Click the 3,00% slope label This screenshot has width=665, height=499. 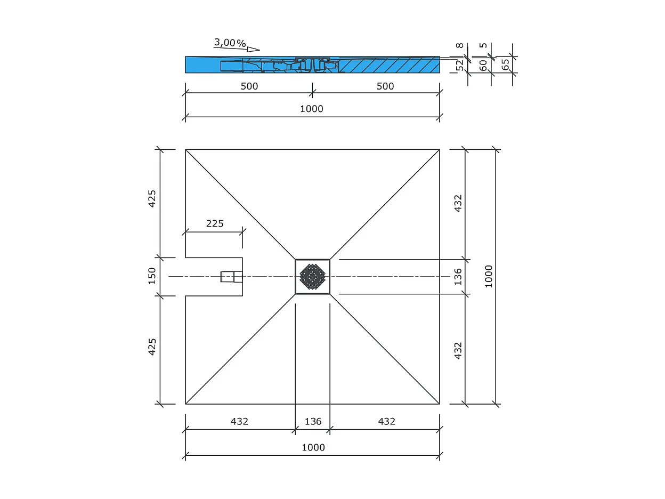pyautogui.click(x=230, y=42)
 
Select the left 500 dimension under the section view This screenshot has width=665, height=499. pyautogui.click(x=249, y=86)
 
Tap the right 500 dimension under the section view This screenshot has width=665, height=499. pyautogui.click(x=385, y=86)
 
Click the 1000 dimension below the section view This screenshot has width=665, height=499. pyautogui.click(x=312, y=109)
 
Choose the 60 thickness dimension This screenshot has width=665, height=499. pyautogui.click(x=483, y=65)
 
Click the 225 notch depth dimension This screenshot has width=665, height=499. pyautogui.click(x=215, y=223)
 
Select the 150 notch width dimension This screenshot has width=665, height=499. pyautogui.click(x=152, y=276)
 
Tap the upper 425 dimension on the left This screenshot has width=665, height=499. pyautogui.click(x=152, y=198)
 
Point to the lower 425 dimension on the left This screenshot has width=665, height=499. pyautogui.click(x=152, y=347)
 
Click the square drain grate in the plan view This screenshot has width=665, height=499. pyautogui.click(x=312, y=276)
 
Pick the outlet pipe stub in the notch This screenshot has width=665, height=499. pyautogui.click(x=231, y=277)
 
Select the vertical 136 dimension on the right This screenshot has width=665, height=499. pyautogui.click(x=458, y=276)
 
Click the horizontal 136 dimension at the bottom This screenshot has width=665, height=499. pyautogui.click(x=313, y=422)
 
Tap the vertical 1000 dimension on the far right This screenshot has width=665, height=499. pyautogui.click(x=489, y=276)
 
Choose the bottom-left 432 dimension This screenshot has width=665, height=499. pyautogui.click(x=239, y=422)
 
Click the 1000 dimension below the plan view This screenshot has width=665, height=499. pyautogui.click(x=313, y=448)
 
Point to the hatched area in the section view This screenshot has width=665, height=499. pyautogui.click(x=389, y=65)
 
